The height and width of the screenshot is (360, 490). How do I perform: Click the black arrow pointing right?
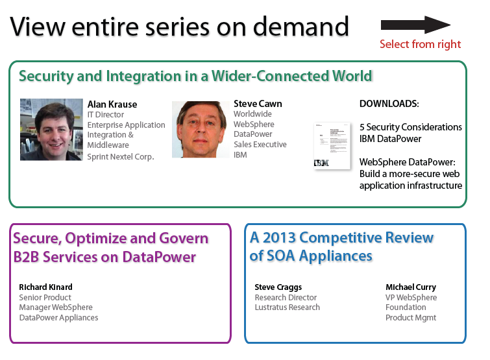(x=415, y=25)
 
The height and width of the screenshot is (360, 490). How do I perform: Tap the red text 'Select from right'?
(x=420, y=44)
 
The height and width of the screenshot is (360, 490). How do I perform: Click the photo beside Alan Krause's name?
(x=51, y=130)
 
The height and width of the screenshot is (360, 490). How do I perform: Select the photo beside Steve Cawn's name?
(x=201, y=129)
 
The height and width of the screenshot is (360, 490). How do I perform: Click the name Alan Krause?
(x=112, y=104)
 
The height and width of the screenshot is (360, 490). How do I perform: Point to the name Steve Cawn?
(x=258, y=104)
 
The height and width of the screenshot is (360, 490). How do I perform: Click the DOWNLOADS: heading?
(x=389, y=104)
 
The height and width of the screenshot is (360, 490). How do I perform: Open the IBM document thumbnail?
(x=332, y=146)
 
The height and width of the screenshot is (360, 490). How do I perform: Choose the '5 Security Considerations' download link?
(x=411, y=127)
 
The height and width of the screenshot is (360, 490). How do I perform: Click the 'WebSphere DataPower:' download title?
(x=407, y=162)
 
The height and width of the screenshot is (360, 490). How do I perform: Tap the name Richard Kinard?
(x=45, y=287)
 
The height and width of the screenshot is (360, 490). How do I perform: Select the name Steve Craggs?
(x=278, y=287)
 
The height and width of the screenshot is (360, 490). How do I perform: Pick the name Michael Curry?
(x=411, y=287)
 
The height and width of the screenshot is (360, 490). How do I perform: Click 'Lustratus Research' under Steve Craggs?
(x=288, y=307)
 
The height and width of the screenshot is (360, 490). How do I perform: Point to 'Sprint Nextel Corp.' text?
(x=121, y=157)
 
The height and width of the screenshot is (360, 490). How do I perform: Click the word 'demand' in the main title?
(x=300, y=27)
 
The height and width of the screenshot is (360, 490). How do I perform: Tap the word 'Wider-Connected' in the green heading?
(x=270, y=76)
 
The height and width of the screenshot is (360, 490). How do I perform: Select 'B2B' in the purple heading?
(x=27, y=258)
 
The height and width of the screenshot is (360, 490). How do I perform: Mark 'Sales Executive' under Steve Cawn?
(x=260, y=145)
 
